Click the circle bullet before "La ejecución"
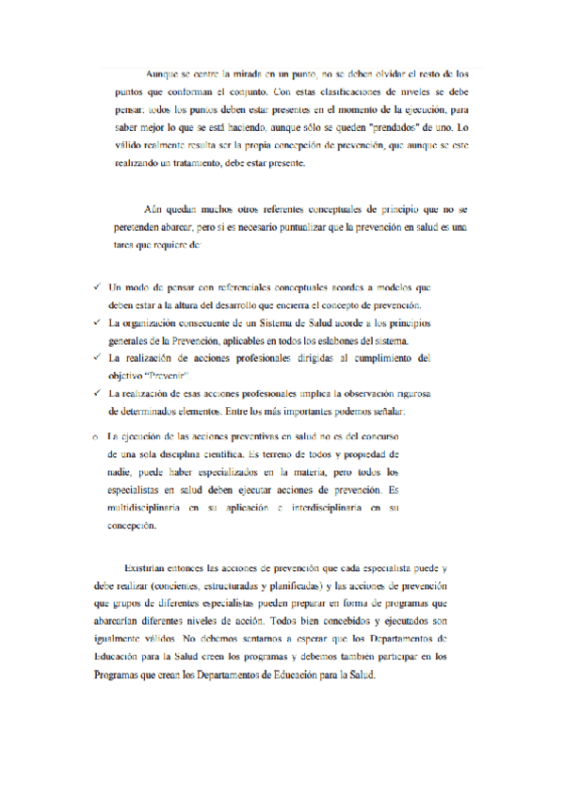click(x=96, y=436)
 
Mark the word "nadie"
click(x=121, y=472)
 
